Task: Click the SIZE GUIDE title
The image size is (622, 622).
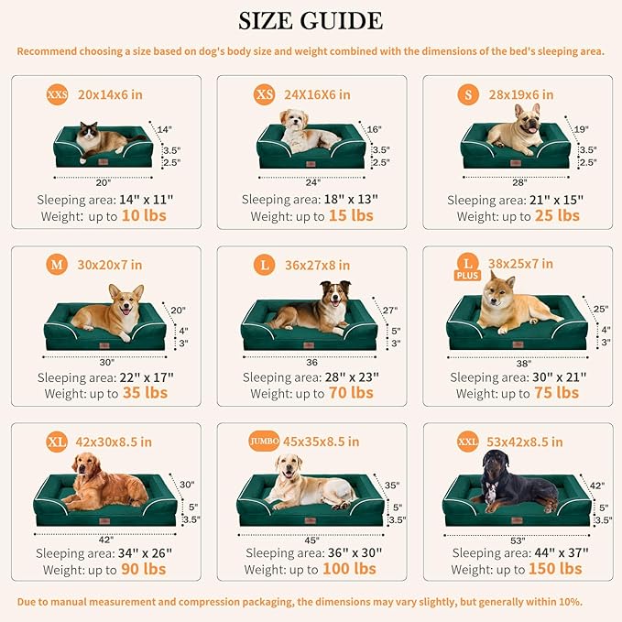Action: [x=311, y=21]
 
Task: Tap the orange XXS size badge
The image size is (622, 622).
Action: [x=58, y=94]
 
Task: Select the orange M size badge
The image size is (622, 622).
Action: [x=57, y=265]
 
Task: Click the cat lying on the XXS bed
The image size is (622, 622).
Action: [x=101, y=139]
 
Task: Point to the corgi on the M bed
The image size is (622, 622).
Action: [x=108, y=309]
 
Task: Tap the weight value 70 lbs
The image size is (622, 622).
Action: [x=351, y=392]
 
